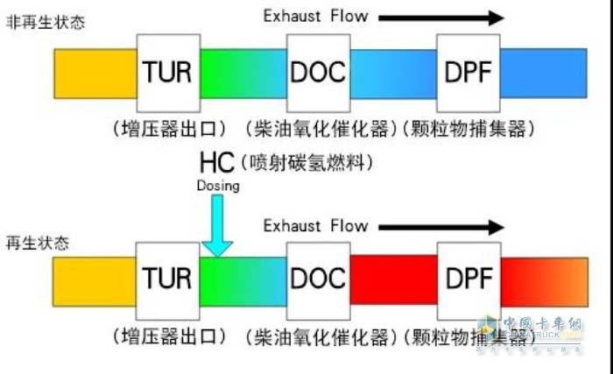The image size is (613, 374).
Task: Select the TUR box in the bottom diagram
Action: point(167,279)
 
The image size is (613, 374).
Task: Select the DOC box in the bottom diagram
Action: point(318,279)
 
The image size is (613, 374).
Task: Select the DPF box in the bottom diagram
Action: point(468,279)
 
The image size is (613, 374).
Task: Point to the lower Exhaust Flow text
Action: point(316,226)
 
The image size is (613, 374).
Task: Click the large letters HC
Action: point(217,164)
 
